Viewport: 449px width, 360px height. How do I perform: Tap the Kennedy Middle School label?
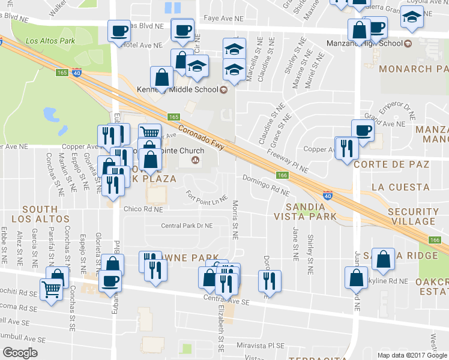(184, 90)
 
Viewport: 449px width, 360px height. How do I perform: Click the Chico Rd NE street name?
(143, 209)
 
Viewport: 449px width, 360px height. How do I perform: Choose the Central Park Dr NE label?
(187, 226)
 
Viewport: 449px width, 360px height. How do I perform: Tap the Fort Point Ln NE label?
(207, 196)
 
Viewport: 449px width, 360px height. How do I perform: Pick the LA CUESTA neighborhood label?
(400, 187)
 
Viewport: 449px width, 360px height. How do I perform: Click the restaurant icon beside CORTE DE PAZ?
(346, 148)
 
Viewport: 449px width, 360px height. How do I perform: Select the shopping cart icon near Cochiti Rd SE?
(52, 289)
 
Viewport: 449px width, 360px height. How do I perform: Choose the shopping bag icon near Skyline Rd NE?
(356, 277)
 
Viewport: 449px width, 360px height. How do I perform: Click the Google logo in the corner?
(20, 353)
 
